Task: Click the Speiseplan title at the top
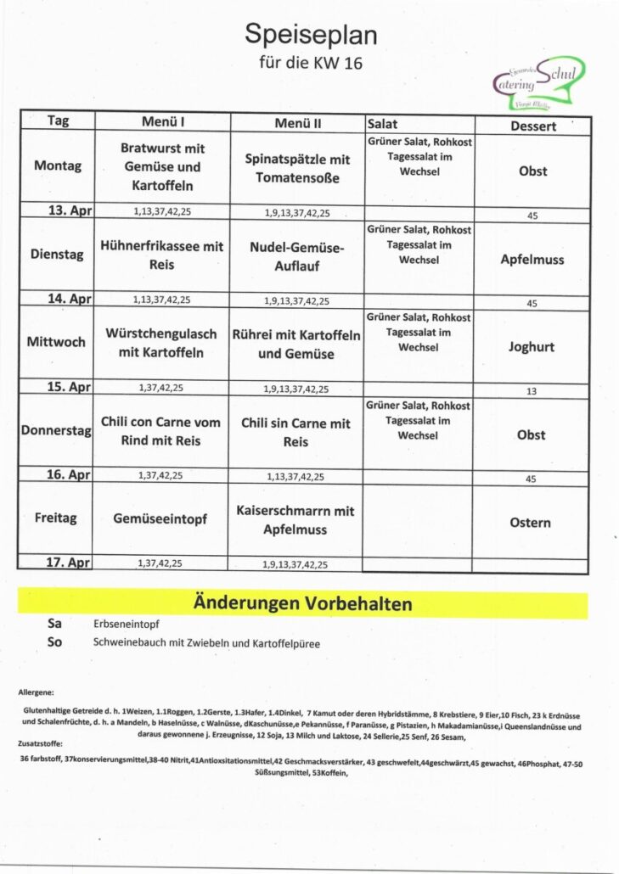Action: tap(310, 35)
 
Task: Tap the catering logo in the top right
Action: tap(539, 81)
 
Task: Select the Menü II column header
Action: tap(297, 123)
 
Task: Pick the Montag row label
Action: tap(58, 165)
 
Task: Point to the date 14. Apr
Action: tap(69, 299)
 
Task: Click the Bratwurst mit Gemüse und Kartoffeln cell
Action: tap(162, 166)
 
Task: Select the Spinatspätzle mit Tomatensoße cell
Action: tap(297, 168)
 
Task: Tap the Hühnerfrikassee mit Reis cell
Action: tap(162, 255)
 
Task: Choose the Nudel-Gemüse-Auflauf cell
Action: tap(297, 256)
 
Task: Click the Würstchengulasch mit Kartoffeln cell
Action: tap(161, 343)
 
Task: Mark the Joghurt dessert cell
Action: tap(532, 346)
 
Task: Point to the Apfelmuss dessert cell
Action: tap(532, 259)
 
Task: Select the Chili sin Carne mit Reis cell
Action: tap(295, 432)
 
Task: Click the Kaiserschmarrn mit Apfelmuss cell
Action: tap(295, 520)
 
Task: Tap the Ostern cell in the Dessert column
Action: tap(531, 523)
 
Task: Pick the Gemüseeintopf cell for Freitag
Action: tap(160, 518)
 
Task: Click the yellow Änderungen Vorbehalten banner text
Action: tap(303, 604)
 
